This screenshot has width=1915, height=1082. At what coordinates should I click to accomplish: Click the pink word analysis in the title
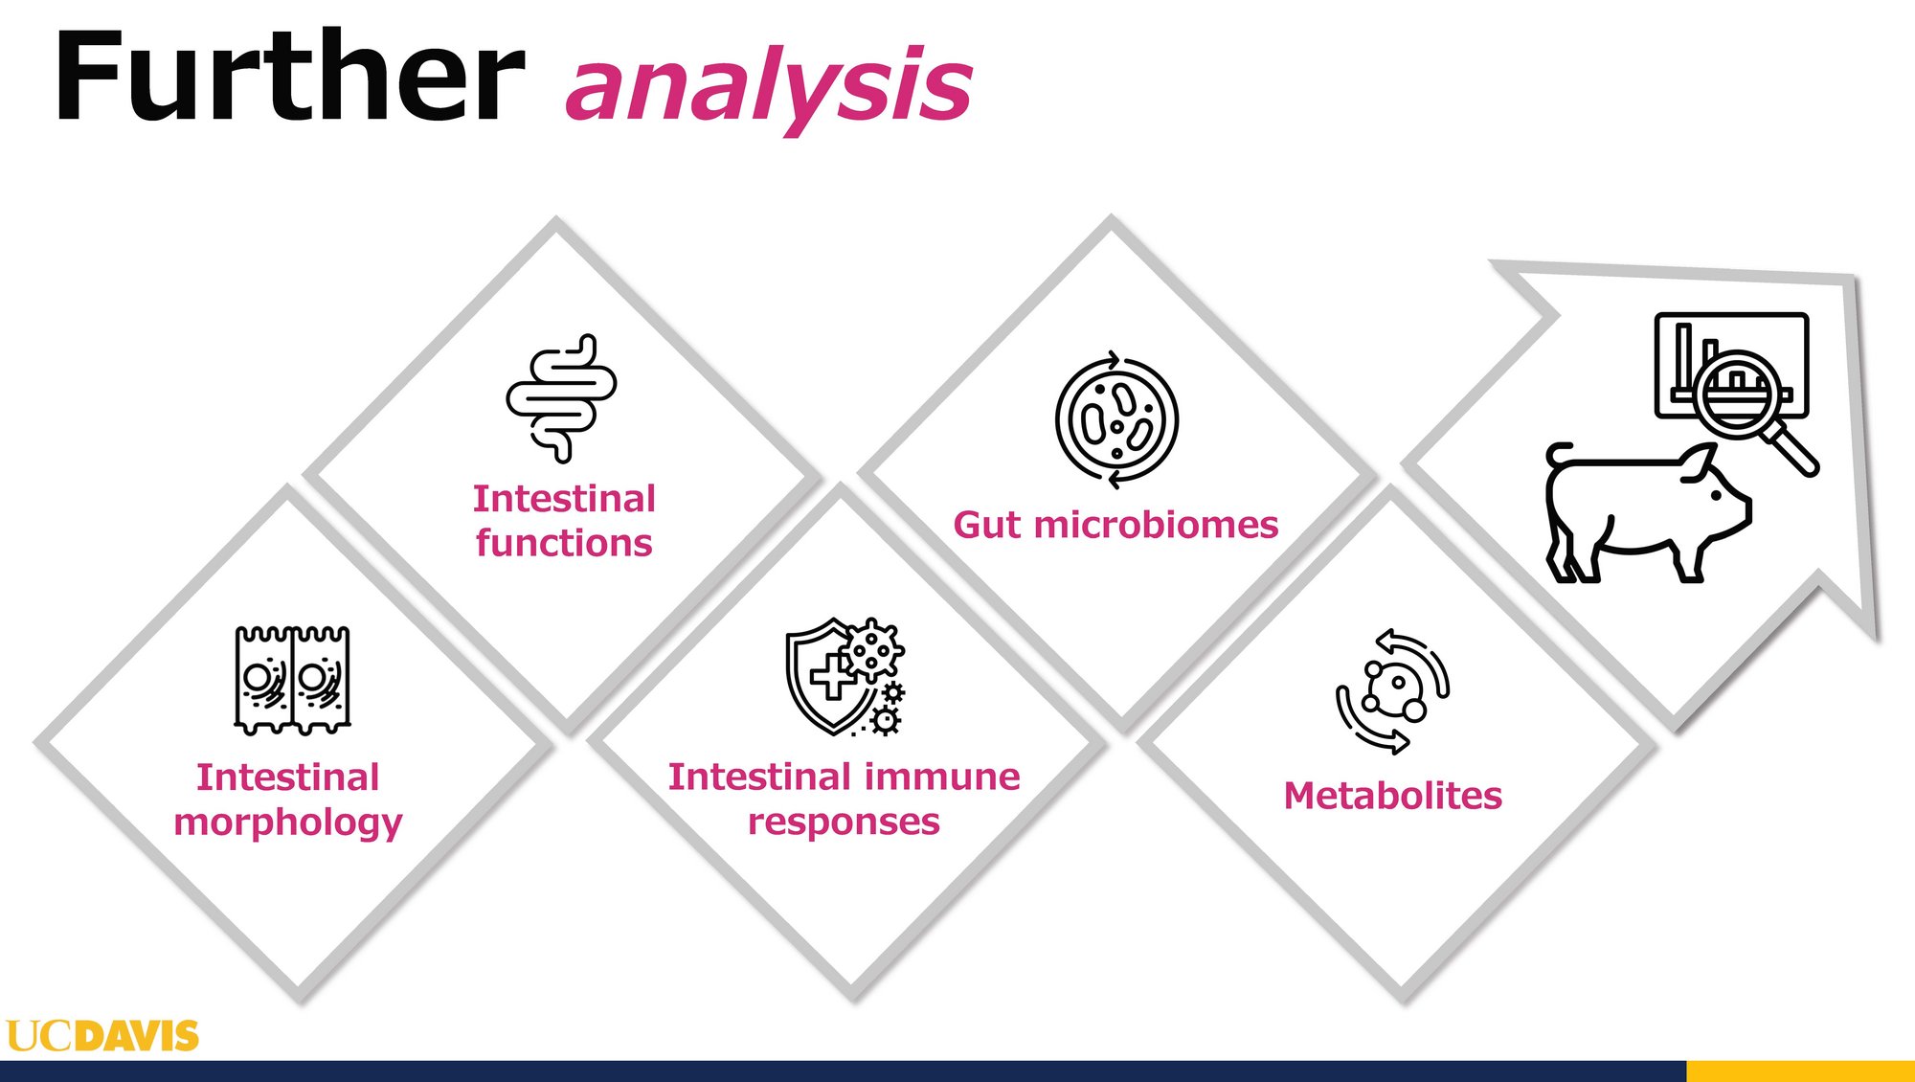[770, 88]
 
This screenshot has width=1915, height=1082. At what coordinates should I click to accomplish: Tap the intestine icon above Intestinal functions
[561, 397]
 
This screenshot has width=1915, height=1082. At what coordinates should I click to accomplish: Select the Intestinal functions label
[564, 520]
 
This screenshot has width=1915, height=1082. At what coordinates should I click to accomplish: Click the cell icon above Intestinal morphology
[292, 680]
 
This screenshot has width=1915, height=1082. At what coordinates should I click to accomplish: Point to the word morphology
[288, 823]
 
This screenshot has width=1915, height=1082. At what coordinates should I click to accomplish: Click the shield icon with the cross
[823, 675]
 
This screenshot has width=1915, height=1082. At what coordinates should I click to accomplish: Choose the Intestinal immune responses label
[844, 798]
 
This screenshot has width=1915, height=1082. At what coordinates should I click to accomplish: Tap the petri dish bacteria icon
[1116, 419]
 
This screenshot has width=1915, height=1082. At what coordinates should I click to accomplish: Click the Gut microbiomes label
[1115, 525]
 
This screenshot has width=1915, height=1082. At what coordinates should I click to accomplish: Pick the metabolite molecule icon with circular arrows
[1393, 691]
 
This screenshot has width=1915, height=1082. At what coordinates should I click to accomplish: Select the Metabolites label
[1393, 796]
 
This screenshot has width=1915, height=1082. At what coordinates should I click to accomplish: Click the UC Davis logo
[102, 1036]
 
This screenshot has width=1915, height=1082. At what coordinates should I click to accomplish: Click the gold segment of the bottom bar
[1800, 1071]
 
